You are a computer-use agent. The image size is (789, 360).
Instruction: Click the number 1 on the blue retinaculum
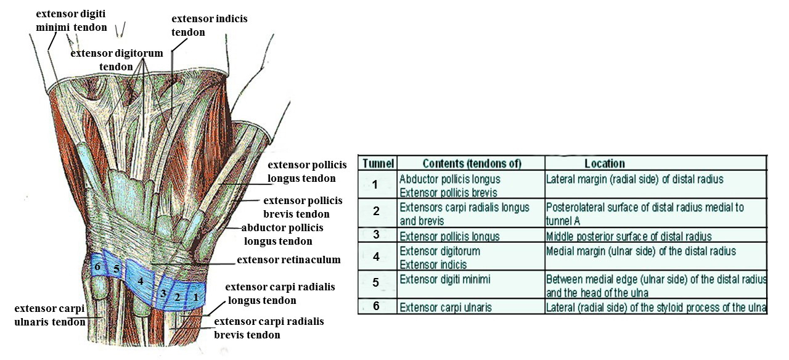pos(196,297)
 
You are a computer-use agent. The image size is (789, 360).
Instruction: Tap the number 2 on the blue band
pos(177,297)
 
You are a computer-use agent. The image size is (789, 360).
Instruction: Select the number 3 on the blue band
pos(163,293)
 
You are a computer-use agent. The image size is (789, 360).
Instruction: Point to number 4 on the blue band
pos(141,282)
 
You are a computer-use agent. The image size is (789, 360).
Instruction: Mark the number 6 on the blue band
pos(97,266)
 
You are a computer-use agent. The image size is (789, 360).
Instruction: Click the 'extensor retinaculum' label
pos(288,260)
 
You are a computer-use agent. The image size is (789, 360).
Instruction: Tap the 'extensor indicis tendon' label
pos(209,25)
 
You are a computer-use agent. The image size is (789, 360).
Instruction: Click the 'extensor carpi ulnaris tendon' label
pos(51,314)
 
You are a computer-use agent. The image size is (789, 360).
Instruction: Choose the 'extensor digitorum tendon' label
pos(117,60)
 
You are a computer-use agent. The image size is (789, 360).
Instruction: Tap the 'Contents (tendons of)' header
pos(472,163)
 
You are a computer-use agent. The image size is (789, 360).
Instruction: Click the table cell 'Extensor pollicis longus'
pos(449,236)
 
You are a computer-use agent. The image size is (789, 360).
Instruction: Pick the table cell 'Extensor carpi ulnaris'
pos(445,307)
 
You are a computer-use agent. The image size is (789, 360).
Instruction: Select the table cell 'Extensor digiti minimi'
pos(444,279)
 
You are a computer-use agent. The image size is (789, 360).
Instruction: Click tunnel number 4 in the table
pos(377,257)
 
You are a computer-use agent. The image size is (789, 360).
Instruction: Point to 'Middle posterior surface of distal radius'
pos(629,236)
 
